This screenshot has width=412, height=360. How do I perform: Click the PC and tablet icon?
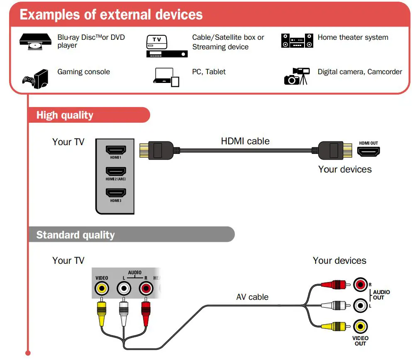[166, 77]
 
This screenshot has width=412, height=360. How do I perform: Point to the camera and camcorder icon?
[296, 76]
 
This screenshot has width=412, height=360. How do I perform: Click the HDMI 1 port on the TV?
[116, 150]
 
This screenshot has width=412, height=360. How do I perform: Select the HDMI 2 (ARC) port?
[116, 171]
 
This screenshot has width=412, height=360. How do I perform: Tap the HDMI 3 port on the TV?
[116, 193]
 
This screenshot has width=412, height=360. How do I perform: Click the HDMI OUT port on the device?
[368, 151]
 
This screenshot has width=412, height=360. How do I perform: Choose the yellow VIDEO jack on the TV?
[101, 287]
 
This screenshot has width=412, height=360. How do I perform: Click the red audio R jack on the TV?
[145, 287]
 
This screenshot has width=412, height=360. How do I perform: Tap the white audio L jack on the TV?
[123, 287]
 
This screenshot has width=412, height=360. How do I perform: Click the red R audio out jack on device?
[360, 284]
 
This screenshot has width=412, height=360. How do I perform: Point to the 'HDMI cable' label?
[245, 141]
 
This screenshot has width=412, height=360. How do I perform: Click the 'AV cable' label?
[252, 297]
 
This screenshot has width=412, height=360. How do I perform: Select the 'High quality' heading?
[65, 115]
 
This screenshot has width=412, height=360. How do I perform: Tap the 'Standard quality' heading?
[75, 235]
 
